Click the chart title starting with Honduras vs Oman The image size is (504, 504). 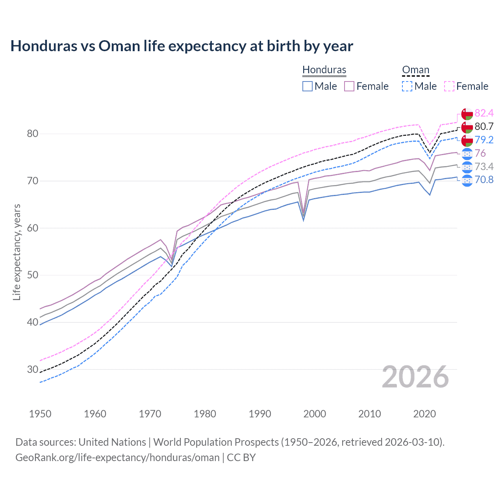click(x=182, y=46)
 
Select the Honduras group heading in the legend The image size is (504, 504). click(x=324, y=70)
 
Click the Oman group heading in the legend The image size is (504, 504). click(x=415, y=70)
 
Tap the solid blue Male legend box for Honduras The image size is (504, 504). click(x=308, y=86)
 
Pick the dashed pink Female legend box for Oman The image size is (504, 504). click(x=449, y=86)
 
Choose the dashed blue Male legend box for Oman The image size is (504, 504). click(x=407, y=86)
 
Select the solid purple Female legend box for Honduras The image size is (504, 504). click(x=349, y=86)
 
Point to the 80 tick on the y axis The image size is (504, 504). click(x=32, y=134)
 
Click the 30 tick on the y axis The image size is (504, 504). click(x=32, y=369)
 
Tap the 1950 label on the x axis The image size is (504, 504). click(x=40, y=414)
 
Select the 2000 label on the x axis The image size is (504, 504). click(x=315, y=414)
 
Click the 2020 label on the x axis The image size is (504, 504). click(x=424, y=414)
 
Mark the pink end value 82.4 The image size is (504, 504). click(x=484, y=113)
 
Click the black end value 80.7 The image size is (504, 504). click(x=484, y=126)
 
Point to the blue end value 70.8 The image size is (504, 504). click(x=484, y=180)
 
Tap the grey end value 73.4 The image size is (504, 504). click(x=484, y=167)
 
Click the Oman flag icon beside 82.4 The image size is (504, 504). click(x=467, y=114)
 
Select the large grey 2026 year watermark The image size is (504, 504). click(x=415, y=377)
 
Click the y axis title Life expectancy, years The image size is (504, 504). click(x=17, y=252)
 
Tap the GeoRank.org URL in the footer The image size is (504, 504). click(x=117, y=458)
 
